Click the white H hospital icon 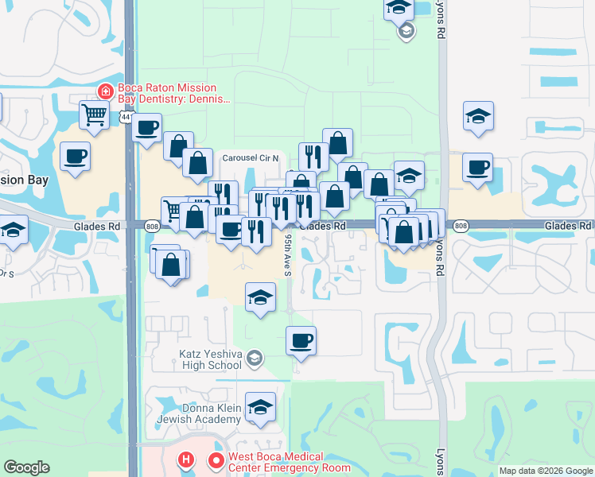(186, 460)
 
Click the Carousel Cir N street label (251, 157)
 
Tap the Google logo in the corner (27, 467)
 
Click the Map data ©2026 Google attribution (546, 471)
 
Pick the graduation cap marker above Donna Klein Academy (260, 407)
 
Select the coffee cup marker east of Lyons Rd (478, 168)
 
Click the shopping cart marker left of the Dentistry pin (94, 114)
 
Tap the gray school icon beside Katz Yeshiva (254, 359)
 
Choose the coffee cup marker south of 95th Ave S (301, 341)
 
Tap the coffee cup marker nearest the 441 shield (146, 127)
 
